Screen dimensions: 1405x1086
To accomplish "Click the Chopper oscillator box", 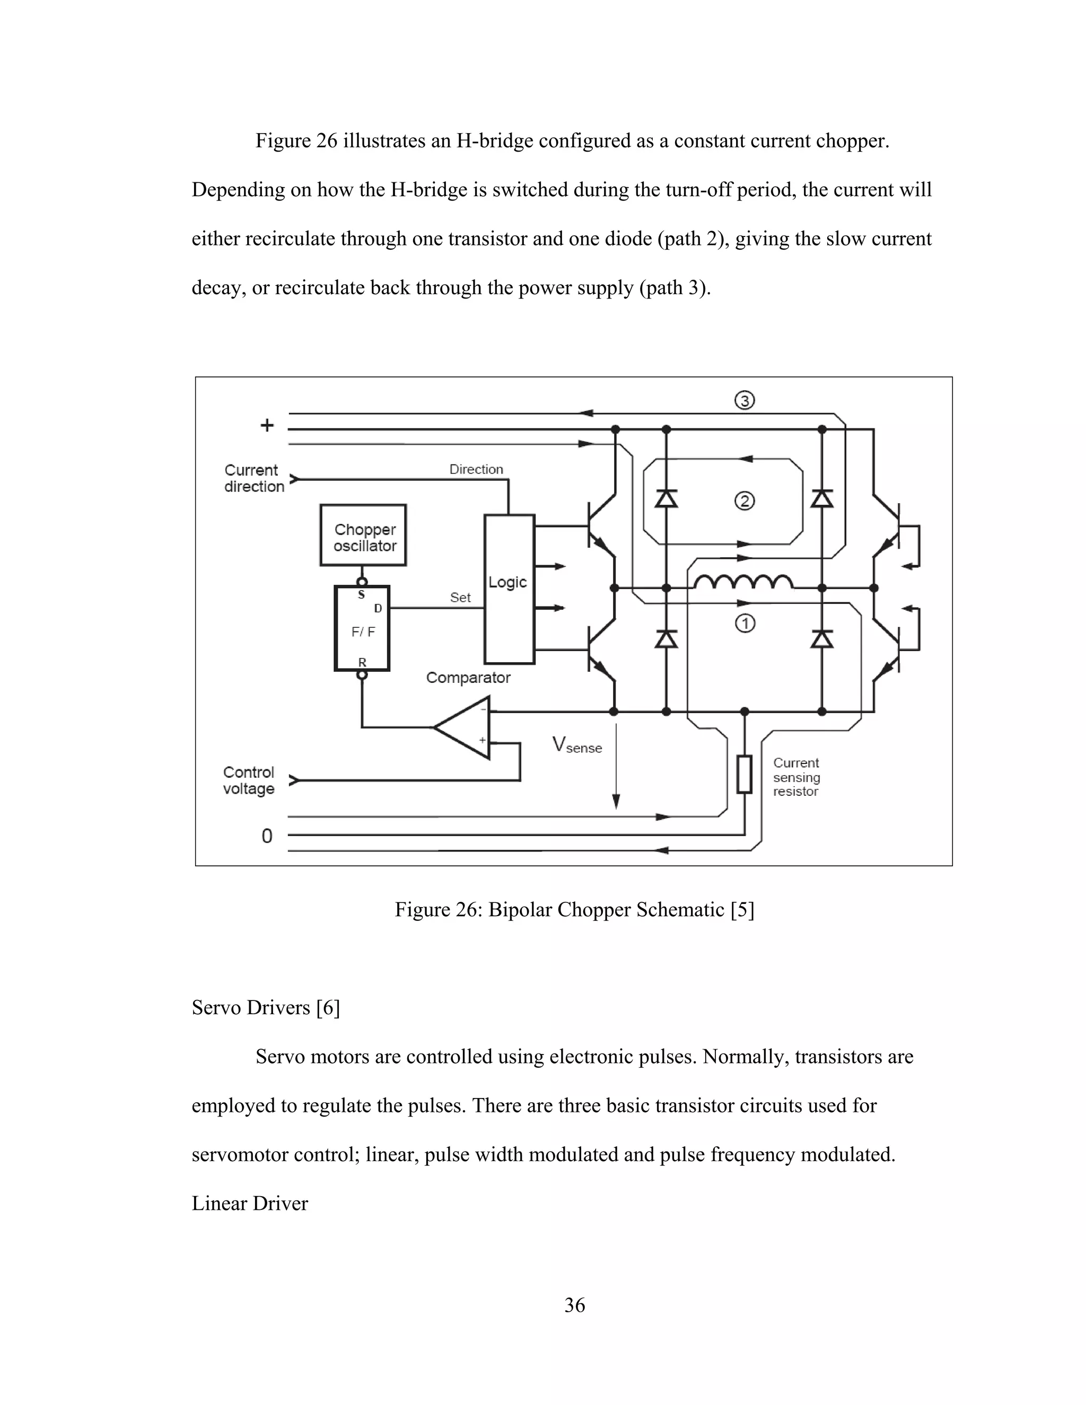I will coord(363,535).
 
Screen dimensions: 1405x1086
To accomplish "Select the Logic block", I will coord(509,589).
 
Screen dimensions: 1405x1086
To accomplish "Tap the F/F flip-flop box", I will coord(362,628).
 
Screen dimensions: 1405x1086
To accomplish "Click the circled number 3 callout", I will coord(745,401).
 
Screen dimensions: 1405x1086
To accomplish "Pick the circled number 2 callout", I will coord(745,500).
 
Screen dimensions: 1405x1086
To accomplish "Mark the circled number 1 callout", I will coord(745,624).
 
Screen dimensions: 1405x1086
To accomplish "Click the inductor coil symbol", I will coord(743,582).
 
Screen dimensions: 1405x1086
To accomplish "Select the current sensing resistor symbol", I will coord(745,775).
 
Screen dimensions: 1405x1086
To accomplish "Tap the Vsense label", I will coord(576,745).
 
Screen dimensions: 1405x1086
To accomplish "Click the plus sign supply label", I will coord(266,425).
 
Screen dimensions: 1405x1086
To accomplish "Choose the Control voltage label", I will coord(249,780).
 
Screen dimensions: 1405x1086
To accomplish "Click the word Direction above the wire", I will coord(476,470).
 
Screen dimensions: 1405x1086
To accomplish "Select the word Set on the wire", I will coord(460,598).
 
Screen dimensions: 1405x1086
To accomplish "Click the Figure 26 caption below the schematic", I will coord(574,910).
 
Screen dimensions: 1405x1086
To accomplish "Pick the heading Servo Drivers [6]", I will coord(265,1007).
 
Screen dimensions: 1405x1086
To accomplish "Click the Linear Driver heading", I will coord(250,1203).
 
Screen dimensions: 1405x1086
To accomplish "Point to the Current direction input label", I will coord(253,479).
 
